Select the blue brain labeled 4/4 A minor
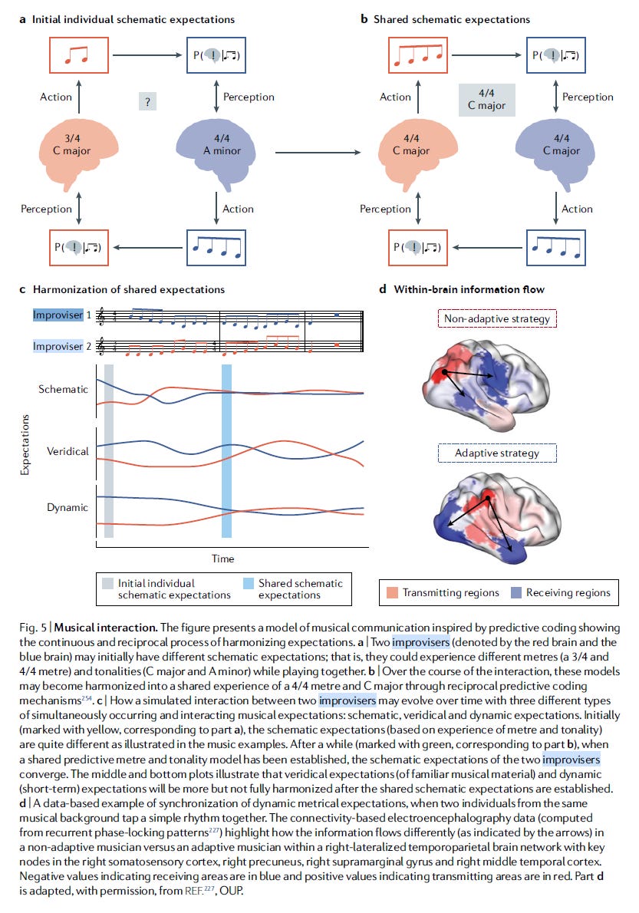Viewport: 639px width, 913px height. coord(220,145)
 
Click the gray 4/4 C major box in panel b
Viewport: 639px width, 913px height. coord(486,100)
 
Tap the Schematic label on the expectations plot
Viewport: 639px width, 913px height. coord(64,389)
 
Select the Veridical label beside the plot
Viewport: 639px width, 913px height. coord(68,450)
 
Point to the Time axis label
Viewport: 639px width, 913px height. coord(223,558)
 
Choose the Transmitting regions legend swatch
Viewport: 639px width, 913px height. coord(391,592)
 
